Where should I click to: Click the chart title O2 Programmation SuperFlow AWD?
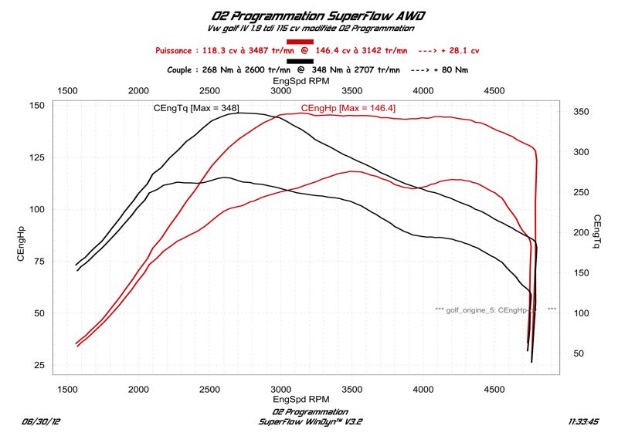(x=318, y=15)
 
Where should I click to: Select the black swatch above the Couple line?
(x=300, y=61)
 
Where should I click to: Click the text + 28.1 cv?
(x=461, y=50)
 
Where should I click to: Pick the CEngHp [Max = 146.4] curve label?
(x=348, y=108)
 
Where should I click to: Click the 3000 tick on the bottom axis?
(x=280, y=390)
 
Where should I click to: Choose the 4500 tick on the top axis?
(x=494, y=91)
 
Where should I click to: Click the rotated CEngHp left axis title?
(x=21, y=243)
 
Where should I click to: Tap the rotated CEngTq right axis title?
(x=598, y=233)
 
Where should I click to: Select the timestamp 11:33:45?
(x=584, y=421)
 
